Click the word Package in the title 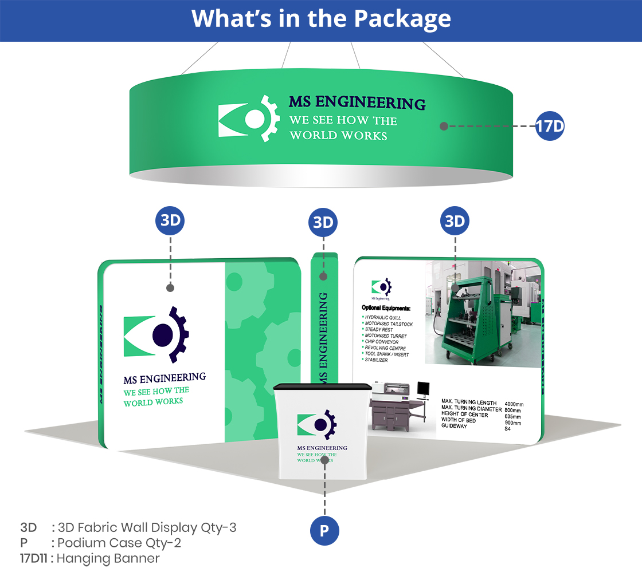point(402,18)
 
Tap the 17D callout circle point(550,126)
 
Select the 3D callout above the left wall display point(170,220)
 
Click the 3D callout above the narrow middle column point(323,223)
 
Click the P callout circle point(324,531)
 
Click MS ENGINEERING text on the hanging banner point(357,103)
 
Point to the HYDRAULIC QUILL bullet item point(382,317)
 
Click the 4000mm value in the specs point(514,404)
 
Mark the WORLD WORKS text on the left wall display point(153,402)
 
